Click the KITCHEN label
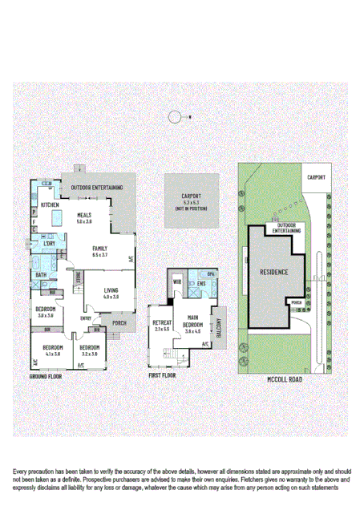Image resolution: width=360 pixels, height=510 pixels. [50, 204]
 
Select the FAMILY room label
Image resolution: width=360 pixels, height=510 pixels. [99, 249]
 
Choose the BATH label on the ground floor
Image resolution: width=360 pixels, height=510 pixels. [41, 275]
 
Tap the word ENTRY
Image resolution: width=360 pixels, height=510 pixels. [85, 318]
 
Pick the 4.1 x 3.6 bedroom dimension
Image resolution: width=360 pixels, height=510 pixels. [53, 354]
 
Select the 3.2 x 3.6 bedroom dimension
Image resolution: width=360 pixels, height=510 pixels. [89, 354]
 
